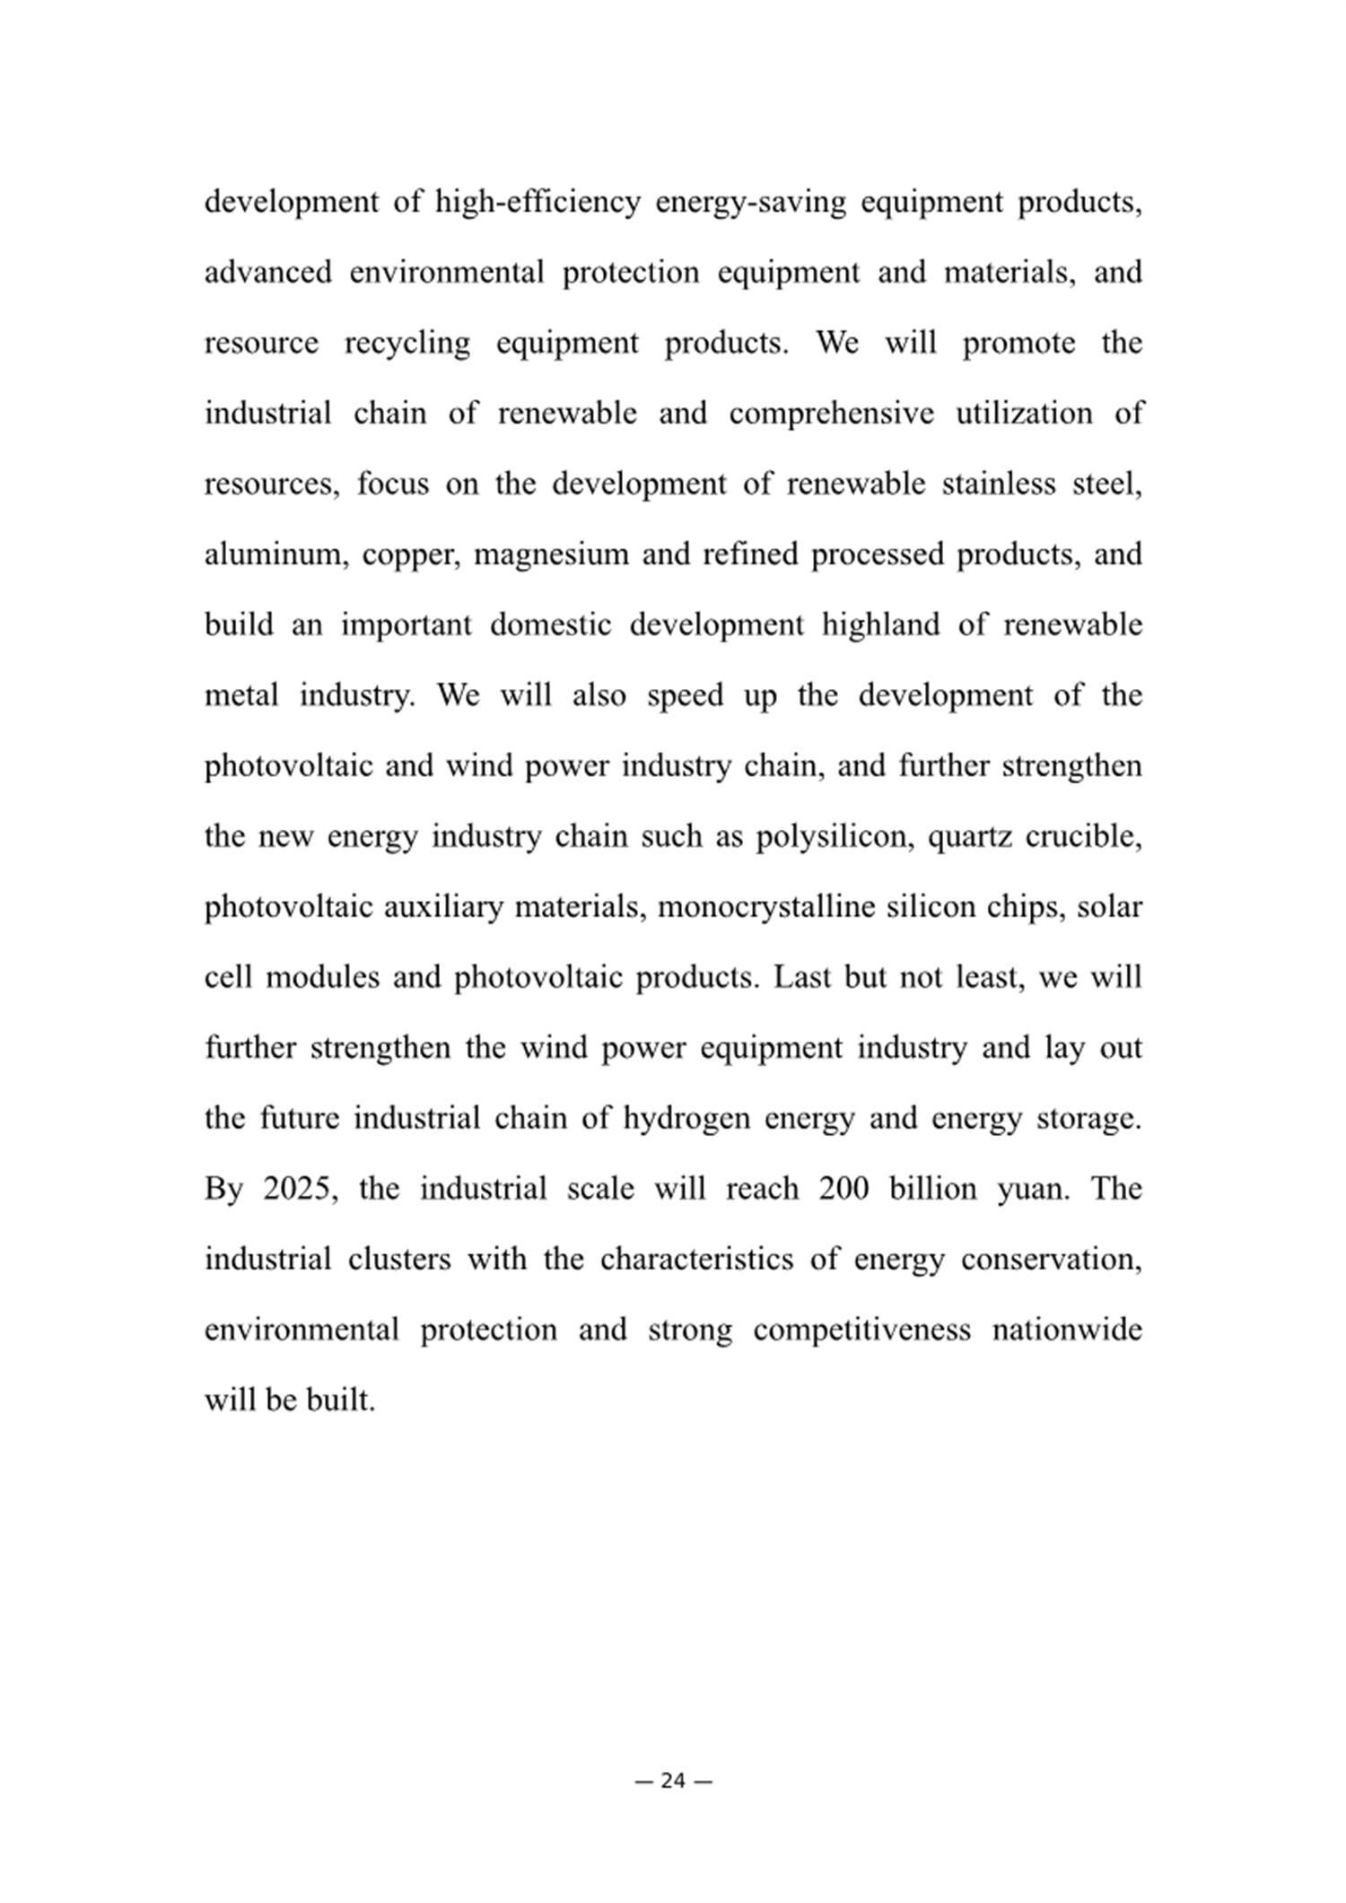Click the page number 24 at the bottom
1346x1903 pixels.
tap(673, 1781)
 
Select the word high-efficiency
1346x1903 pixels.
tap(538, 202)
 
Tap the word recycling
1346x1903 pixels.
tap(406, 344)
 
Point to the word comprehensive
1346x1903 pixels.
tap(831, 414)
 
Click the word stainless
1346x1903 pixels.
tap(998, 484)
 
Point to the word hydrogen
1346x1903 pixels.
tap(686, 1119)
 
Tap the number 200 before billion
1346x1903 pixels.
tap(843, 1189)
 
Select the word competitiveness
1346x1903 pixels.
tap(861, 1330)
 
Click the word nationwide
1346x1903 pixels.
tap(1066, 1330)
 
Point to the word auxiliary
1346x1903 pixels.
tap(443, 907)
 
